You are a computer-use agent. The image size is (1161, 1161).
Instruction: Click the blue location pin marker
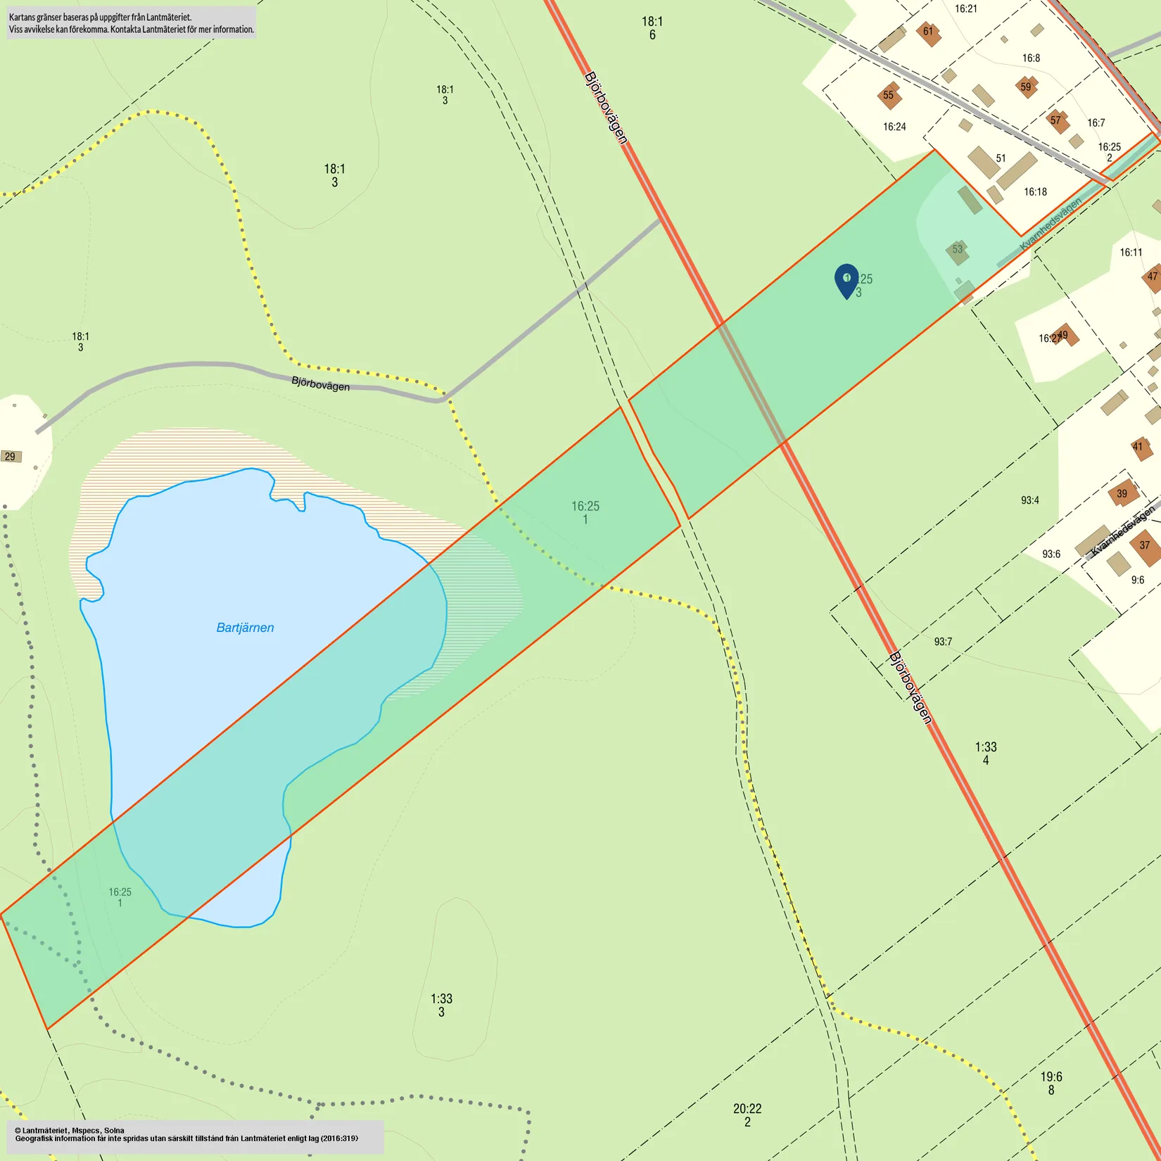pyautogui.click(x=846, y=280)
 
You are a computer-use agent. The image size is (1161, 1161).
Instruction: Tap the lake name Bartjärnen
pyautogui.click(x=245, y=628)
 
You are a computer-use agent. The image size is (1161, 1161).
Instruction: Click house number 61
pyautogui.click(x=929, y=32)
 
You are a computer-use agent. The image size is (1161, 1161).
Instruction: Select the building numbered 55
pyautogui.click(x=889, y=96)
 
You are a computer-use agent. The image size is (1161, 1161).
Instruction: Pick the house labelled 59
pyautogui.click(x=1026, y=87)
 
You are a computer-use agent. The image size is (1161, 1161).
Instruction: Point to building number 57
pyautogui.click(x=1056, y=120)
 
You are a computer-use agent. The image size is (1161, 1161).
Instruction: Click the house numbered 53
pyautogui.click(x=958, y=250)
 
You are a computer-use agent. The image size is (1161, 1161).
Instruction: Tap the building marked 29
pyautogui.click(x=11, y=457)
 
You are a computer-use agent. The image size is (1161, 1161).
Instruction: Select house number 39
pyautogui.click(x=1122, y=494)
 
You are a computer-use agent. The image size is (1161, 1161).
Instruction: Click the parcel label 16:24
pyautogui.click(x=894, y=127)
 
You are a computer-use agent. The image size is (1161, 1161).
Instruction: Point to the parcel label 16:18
pyautogui.click(x=1035, y=192)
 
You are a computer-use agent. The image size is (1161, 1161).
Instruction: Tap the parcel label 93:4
pyautogui.click(x=1030, y=501)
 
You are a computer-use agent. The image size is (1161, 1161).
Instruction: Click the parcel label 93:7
pyautogui.click(x=943, y=642)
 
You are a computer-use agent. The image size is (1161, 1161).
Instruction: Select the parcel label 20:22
pyautogui.click(x=747, y=1109)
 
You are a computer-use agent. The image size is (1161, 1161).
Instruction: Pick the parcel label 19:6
pyautogui.click(x=1051, y=1077)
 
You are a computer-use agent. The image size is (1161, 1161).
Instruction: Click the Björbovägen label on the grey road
pyautogui.click(x=320, y=384)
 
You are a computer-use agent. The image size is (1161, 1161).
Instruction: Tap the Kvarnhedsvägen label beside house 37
pyautogui.click(x=1123, y=531)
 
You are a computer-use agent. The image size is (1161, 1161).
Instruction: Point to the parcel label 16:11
pyautogui.click(x=1131, y=253)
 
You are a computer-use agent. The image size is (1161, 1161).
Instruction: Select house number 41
pyautogui.click(x=1138, y=446)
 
